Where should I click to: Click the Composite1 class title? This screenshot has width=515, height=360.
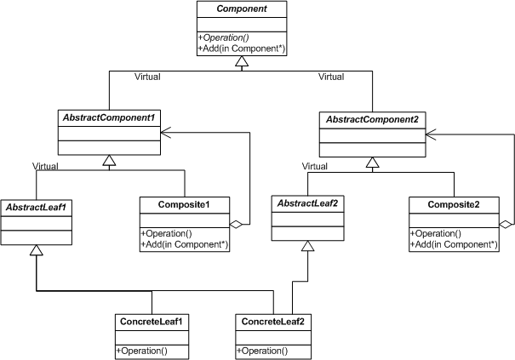point(185,205)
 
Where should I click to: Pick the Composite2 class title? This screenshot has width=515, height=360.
point(454,205)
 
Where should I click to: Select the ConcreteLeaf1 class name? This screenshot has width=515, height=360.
point(151,322)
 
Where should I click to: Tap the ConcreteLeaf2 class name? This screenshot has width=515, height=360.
point(272,322)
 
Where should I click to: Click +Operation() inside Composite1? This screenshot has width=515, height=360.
point(169,234)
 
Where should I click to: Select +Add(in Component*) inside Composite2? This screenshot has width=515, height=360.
point(455,245)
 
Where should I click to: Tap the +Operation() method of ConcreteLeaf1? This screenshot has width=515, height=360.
point(142,351)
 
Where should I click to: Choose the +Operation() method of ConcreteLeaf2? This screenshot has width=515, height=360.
point(264,351)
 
